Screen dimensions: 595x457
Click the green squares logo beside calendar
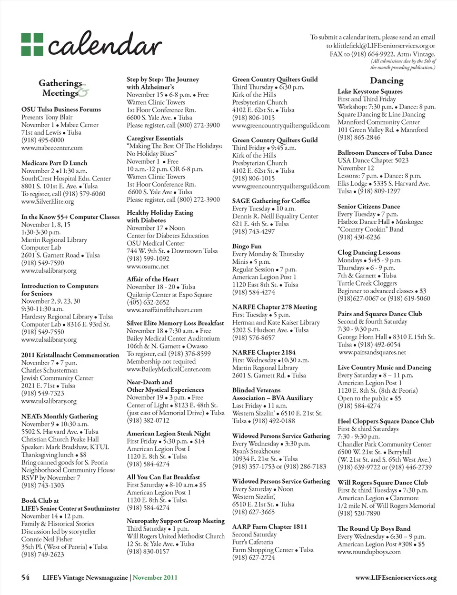[32, 44]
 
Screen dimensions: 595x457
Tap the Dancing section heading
[387, 81]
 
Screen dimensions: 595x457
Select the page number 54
[25, 577]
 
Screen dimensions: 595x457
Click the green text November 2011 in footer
[155, 577]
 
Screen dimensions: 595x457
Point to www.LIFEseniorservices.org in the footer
[396, 578]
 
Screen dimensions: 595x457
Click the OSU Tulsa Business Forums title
[61, 109]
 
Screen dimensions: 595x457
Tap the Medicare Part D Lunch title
[54, 163]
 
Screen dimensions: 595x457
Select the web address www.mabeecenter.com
[52, 148]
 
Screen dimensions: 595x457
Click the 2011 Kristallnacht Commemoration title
[70, 355]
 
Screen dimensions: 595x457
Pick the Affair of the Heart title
[153, 279]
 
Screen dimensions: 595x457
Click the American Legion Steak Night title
[169, 434]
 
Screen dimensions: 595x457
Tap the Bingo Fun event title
[247, 247]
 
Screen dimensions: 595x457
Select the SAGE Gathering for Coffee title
[271, 201]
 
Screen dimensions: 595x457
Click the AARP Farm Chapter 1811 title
[269, 527]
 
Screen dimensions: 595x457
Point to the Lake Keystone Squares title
[370, 91]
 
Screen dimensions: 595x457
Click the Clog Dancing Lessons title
[369, 253]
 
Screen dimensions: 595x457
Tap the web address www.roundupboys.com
[369, 552]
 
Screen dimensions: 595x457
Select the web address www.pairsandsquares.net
[372, 353]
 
